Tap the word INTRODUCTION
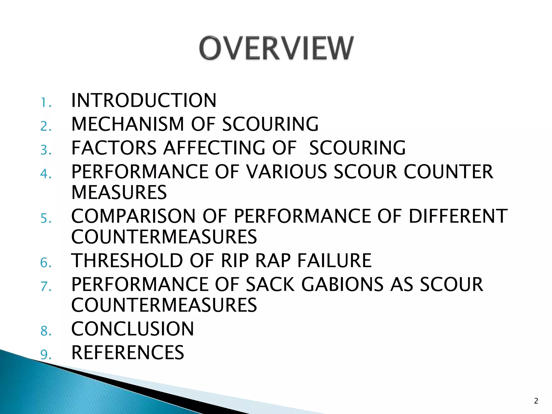pyautogui.click(x=144, y=101)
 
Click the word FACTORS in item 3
pyautogui.click(x=114, y=148)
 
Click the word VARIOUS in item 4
pyautogui.click(x=287, y=172)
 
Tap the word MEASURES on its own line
pyautogui.click(x=119, y=192)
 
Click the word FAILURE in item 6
pyautogui.click(x=334, y=261)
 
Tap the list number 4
pyautogui.click(x=46, y=174)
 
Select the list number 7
pyautogui.click(x=46, y=287)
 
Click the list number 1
pyautogui.click(x=46, y=103)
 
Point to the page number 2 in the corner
pyautogui.click(x=536, y=401)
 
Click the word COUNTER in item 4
pyautogui.click(x=448, y=172)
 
